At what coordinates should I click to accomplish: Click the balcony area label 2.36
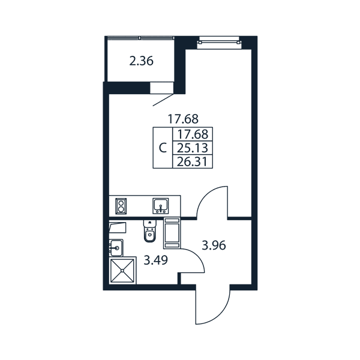tap(141, 61)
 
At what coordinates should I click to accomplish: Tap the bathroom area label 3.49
tap(155, 260)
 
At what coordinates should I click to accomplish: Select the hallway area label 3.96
tap(214, 245)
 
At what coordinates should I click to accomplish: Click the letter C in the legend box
tap(163, 148)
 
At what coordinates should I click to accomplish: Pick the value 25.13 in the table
tap(193, 148)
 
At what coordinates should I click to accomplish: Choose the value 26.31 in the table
tap(193, 162)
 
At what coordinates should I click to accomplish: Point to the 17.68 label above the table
tap(183, 119)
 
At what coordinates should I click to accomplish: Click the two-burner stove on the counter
tap(121, 206)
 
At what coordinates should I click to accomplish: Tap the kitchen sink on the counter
tap(161, 206)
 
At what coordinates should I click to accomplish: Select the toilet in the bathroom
tap(149, 231)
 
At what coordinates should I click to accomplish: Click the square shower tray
tap(122, 271)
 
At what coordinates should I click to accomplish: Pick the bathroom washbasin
tap(116, 248)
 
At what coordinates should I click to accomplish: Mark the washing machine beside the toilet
tap(172, 233)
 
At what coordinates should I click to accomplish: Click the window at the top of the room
tap(219, 42)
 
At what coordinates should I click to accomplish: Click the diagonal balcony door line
tap(163, 100)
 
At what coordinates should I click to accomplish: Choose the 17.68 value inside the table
tap(193, 134)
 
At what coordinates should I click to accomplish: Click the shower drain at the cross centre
tap(122, 271)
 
